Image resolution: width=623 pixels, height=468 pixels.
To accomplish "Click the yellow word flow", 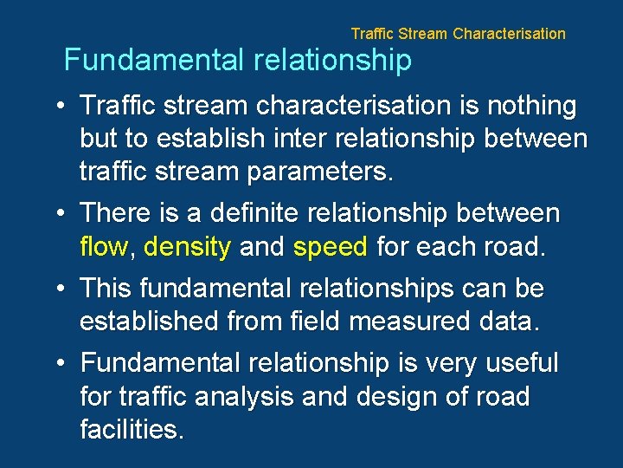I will click(104, 248).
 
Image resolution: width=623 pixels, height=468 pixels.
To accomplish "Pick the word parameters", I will click(320, 171).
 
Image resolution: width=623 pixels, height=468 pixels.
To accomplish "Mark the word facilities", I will click(132, 430).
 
